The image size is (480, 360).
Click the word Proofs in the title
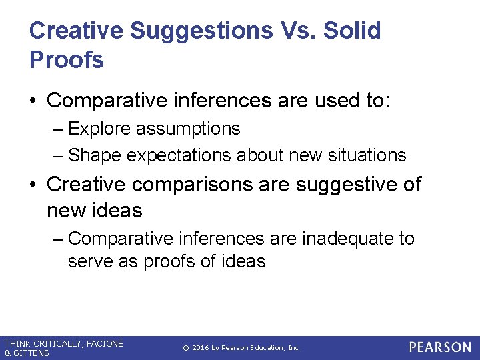click(67, 60)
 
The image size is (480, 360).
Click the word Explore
click(101, 128)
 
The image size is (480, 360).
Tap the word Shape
click(95, 155)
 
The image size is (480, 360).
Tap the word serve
click(91, 261)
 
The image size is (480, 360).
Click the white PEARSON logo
click(440, 347)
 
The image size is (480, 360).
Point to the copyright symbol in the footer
click(185, 348)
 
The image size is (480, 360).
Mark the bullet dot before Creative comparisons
click(33, 184)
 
